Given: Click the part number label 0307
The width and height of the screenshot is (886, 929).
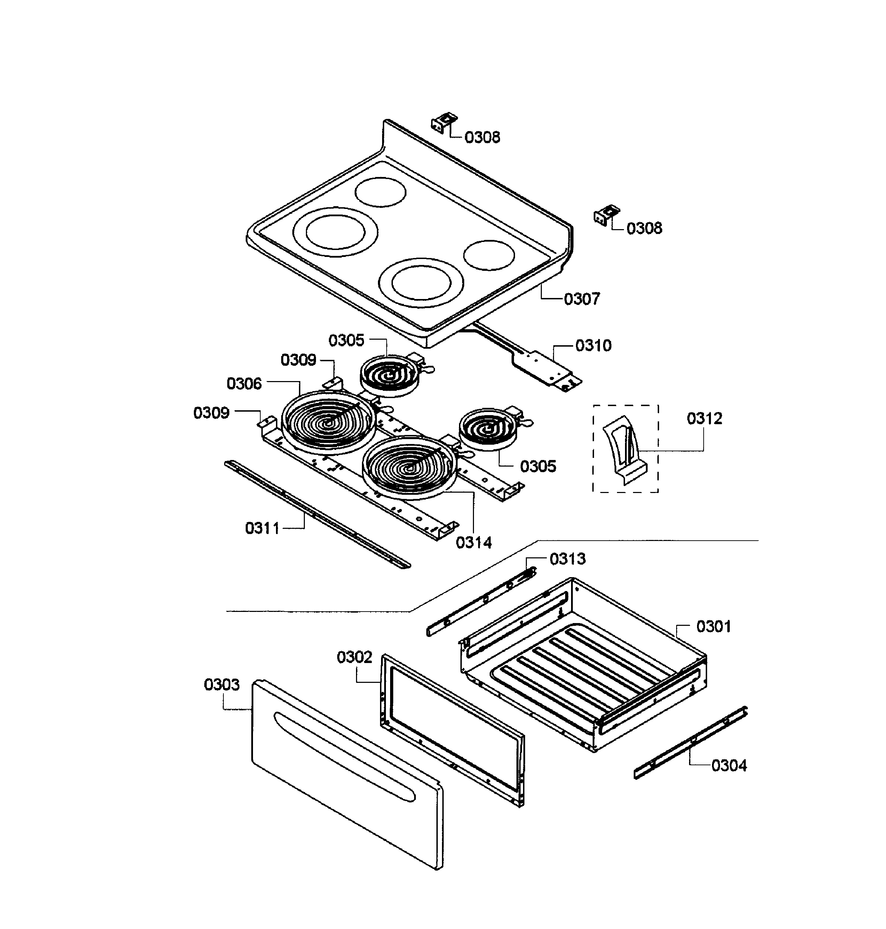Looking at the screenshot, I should [x=582, y=299].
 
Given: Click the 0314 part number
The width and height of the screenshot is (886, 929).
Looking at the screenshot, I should [x=474, y=543].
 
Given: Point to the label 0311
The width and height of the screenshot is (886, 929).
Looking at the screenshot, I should [x=263, y=528].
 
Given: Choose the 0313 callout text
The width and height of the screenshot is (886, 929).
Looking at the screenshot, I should [x=567, y=559].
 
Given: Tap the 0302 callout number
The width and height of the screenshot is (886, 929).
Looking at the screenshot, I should [x=354, y=657].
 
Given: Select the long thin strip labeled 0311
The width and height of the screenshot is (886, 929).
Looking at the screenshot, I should [x=316, y=514].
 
